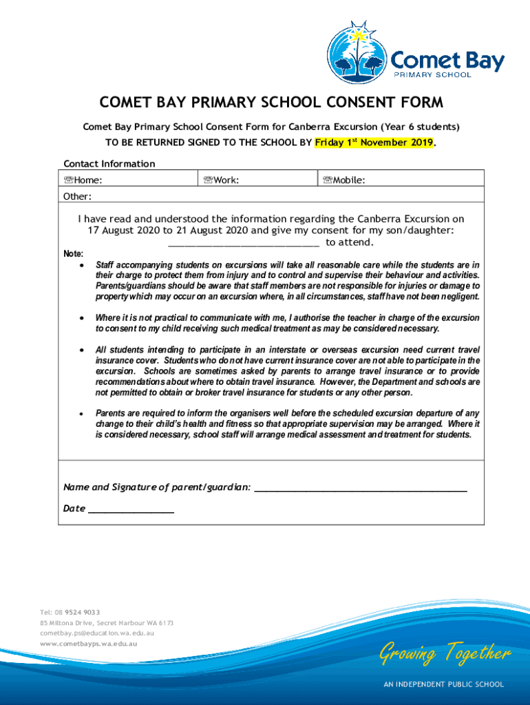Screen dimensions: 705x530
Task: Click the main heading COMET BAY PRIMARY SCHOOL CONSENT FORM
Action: pos(271,103)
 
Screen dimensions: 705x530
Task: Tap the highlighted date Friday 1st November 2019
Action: pos(374,143)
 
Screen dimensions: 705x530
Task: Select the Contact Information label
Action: pos(109,163)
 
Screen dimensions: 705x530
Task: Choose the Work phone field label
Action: pos(222,180)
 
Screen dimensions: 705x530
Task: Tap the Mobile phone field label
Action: pos(344,180)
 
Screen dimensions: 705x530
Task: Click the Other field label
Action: pos(78,196)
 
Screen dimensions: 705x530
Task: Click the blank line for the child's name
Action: pos(244,243)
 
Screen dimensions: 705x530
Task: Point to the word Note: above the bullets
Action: pos(74,254)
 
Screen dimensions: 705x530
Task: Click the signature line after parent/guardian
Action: pos(361,489)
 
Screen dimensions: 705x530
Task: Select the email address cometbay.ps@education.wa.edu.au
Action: pos(97,633)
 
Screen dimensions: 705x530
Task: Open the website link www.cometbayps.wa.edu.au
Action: pos(89,644)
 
